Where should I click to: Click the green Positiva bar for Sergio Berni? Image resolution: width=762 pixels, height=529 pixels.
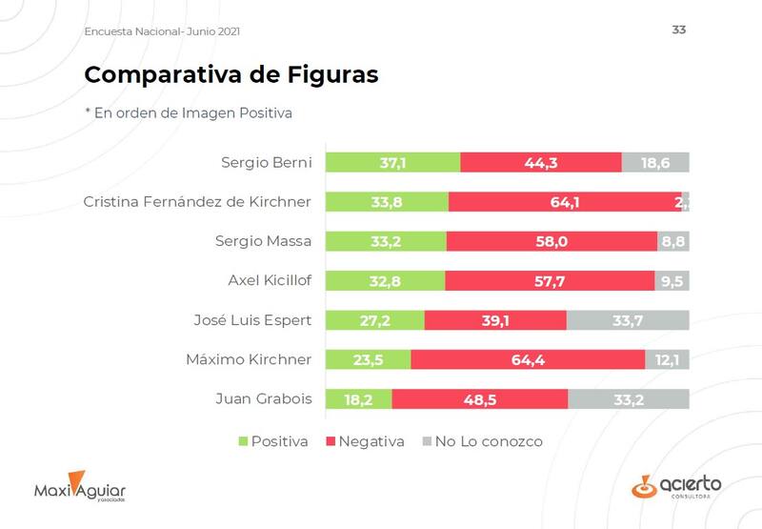tap(392, 162)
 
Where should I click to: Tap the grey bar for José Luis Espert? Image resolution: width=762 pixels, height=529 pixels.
tap(628, 320)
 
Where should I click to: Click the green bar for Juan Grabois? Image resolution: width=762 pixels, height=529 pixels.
tap(358, 399)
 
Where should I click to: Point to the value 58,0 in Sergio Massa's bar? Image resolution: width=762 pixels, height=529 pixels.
tap(551, 241)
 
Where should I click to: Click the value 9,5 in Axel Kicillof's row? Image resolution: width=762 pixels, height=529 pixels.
tap(672, 281)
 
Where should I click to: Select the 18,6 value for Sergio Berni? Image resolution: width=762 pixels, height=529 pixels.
tap(655, 163)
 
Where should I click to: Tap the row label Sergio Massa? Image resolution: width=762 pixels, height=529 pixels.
tap(264, 241)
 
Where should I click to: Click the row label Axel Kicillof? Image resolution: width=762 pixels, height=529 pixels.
tap(270, 280)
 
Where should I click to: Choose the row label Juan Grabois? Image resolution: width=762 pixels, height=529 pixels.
tap(266, 399)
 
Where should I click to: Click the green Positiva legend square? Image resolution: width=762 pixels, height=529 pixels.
tap(242, 441)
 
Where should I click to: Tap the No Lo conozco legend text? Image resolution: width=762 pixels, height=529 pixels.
tap(489, 441)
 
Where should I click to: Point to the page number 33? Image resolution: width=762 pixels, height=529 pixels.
tap(679, 30)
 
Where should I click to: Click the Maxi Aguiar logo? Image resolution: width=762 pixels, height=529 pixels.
tap(80, 488)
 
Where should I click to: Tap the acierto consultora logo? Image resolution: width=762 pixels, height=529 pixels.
tap(676, 487)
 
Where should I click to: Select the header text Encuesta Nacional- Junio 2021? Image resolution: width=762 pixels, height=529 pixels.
tap(162, 31)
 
